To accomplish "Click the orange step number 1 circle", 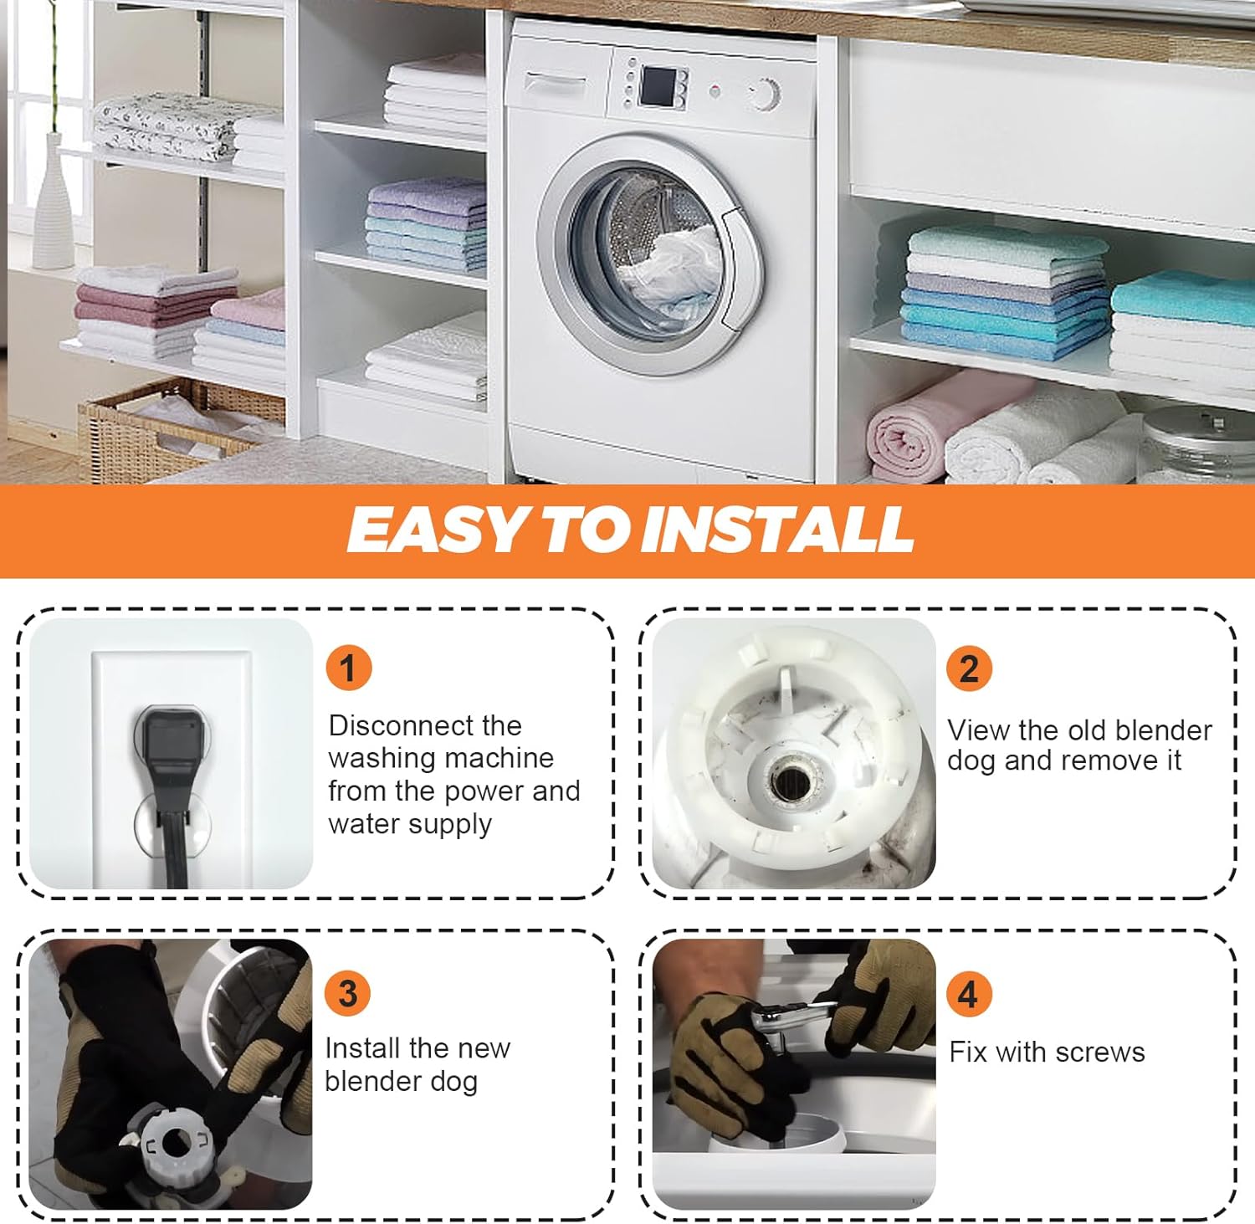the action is click(348, 668).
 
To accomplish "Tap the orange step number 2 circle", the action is click(969, 668).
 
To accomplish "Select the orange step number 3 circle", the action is click(347, 994).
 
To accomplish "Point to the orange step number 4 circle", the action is click(969, 994).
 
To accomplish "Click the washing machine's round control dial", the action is click(764, 94).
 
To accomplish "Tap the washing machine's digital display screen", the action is click(658, 86).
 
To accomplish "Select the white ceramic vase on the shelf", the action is click(53, 203).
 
